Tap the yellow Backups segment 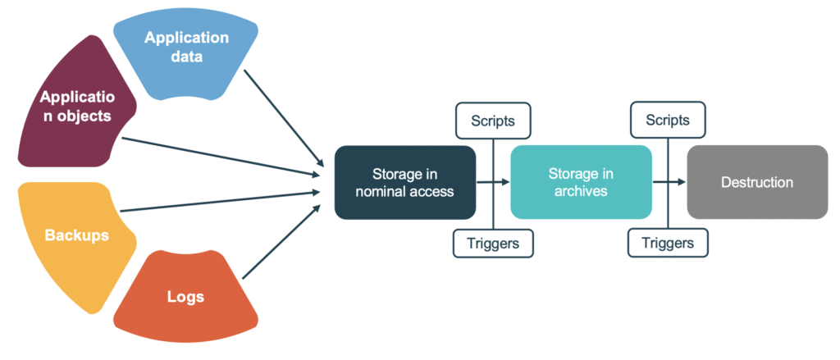pos(76,235)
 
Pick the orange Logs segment pos(186,298)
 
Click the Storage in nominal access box pos(404,182)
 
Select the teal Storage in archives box pos(581,182)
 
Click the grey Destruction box pos(756,182)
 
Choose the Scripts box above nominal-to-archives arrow pos(493,120)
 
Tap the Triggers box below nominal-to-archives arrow pos(493,243)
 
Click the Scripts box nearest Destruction pos(668,120)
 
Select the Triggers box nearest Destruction pos(668,243)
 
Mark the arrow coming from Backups pos(221,201)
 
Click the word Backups pos(76,235)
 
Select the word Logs pos(186,297)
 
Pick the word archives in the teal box pos(581,192)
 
